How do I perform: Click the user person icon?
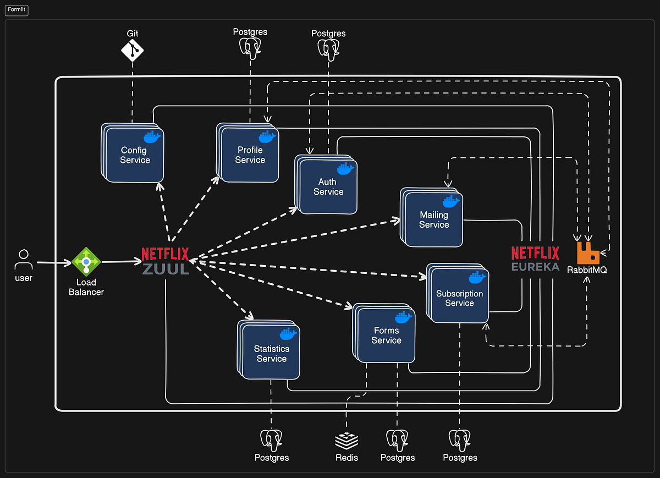tap(23, 259)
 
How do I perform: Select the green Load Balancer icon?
tap(86, 261)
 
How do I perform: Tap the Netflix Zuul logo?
tap(165, 261)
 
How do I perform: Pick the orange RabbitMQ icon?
tap(588, 252)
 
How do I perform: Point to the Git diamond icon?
tap(132, 51)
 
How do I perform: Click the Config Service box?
tap(134, 155)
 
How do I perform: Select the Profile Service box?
tap(250, 155)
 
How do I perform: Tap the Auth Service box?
tap(328, 187)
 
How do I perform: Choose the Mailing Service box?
tap(434, 219)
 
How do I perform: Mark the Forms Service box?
tap(386, 336)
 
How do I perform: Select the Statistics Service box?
tap(271, 353)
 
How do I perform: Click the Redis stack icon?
tap(346, 440)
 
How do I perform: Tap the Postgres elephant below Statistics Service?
tap(272, 440)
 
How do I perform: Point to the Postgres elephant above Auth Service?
tap(328, 48)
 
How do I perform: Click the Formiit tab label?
tap(16, 9)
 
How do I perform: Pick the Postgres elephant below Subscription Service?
tap(460, 440)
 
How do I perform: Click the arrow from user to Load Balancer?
tap(54, 262)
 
